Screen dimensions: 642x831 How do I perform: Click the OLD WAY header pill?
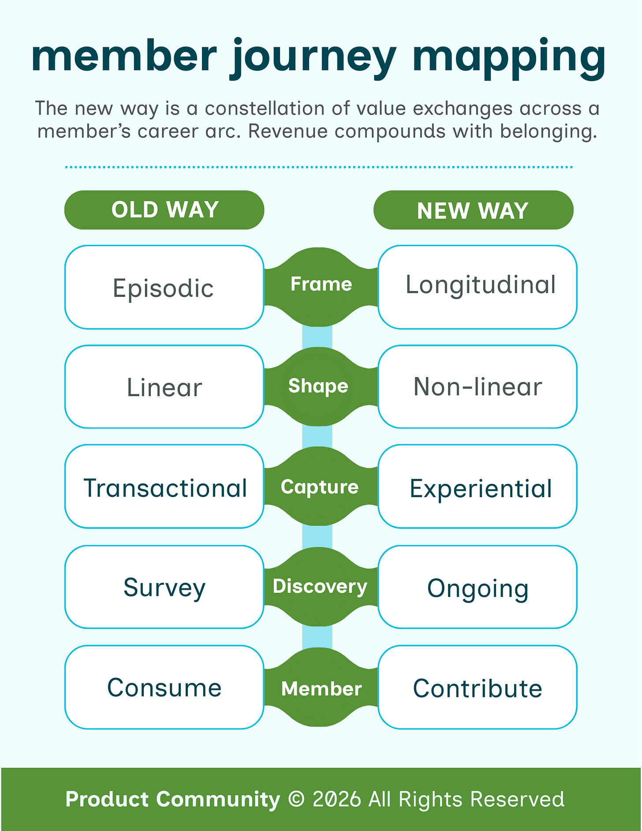[x=164, y=210]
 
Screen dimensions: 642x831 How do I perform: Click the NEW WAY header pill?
[x=473, y=210]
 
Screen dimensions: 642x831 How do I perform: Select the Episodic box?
[x=164, y=287]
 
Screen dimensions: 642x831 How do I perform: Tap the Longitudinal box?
[x=478, y=287]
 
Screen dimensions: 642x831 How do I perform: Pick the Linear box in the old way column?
[x=164, y=387]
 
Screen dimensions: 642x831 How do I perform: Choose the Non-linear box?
[x=478, y=387]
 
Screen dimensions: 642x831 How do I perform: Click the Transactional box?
[x=164, y=487]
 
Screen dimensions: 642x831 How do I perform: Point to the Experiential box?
[x=478, y=487]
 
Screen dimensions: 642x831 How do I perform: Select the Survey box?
[x=164, y=587]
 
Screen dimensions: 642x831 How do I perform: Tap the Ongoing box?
[x=478, y=587]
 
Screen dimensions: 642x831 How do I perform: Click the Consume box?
[x=164, y=687]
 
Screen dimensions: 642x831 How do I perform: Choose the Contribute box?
[x=478, y=687]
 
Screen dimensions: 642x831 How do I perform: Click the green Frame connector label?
[x=321, y=284]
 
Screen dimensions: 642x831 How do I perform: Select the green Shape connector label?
[x=318, y=386]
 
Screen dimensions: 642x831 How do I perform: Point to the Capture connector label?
[x=320, y=487]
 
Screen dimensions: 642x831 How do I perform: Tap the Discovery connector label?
[x=320, y=586]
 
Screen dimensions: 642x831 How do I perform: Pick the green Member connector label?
[x=321, y=689]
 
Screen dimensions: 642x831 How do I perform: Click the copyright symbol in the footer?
[x=296, y=799]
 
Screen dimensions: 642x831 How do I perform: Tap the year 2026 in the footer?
[x=337, y=799]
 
